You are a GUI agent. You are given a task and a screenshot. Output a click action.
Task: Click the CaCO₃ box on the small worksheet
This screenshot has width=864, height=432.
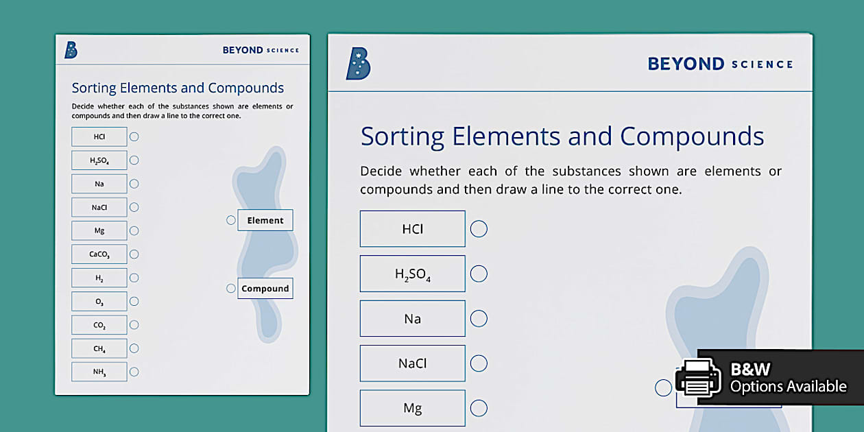coord(99,254)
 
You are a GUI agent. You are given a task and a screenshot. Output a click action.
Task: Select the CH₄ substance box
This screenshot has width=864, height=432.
coord(99,348)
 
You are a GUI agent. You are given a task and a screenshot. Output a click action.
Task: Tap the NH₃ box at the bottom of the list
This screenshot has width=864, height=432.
coord(99,372)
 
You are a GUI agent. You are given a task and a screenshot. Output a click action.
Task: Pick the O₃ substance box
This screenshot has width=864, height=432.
coord(99,301)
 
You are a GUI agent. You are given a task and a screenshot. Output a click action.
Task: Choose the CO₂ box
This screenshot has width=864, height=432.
coord(99,325)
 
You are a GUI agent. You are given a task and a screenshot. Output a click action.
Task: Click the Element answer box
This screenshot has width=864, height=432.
coord(265,220)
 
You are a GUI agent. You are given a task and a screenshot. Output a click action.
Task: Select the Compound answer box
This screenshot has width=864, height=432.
coord(265,289)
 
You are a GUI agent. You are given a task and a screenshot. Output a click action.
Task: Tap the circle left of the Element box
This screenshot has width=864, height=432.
coord(230,220)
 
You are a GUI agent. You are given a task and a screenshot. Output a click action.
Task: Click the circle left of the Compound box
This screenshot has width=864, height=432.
coord(230,289)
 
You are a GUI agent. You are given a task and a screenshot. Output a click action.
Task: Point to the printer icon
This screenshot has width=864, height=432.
coord(698,378)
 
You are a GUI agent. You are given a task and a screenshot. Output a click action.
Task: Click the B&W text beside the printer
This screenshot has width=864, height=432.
coord(750,369)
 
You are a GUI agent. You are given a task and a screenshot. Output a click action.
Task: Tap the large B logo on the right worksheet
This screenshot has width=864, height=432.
coord(359,64)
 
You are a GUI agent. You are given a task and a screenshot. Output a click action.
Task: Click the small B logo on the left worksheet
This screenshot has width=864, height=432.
coord(71,50)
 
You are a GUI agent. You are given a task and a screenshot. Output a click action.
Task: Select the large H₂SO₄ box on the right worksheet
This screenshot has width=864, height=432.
coord(413,274)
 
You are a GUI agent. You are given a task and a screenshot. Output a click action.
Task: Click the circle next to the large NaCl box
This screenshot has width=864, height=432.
coord(479,363)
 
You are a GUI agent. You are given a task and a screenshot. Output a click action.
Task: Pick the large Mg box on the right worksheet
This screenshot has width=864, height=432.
coord(413,408)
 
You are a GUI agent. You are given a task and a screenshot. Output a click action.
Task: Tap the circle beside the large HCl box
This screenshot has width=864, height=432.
coord(479,229)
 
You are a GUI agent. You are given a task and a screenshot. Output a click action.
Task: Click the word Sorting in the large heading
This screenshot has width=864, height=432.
coord(403,137)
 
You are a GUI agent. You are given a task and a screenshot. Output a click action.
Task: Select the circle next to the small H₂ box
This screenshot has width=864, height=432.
coord(134,278)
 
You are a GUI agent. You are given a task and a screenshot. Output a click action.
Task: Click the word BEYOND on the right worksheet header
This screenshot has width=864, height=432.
coord(686,64)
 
